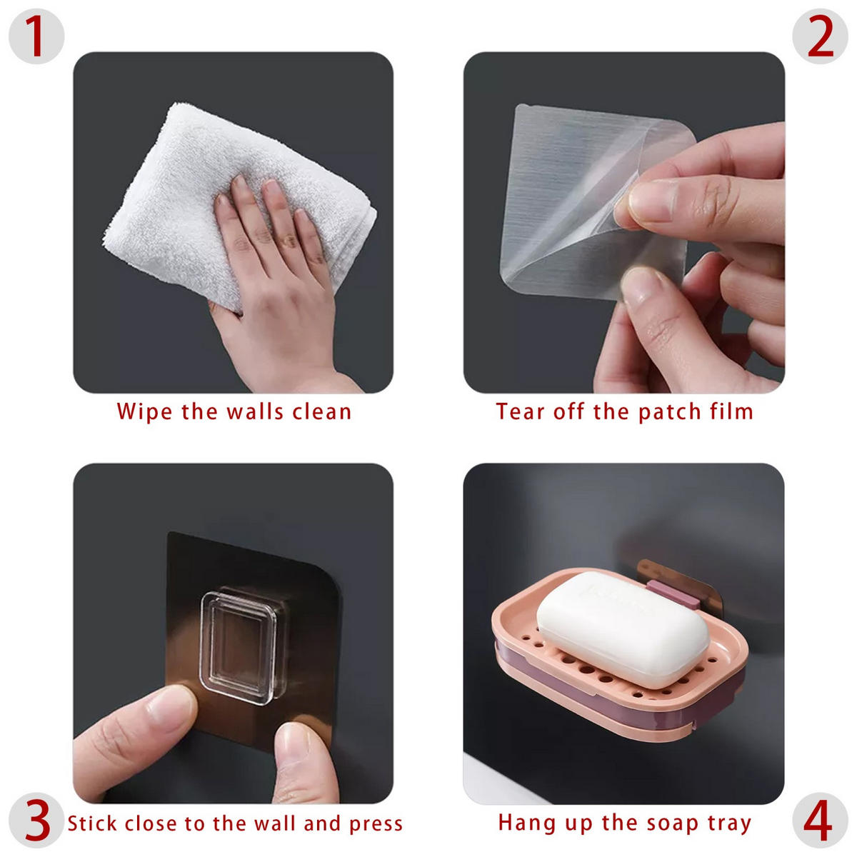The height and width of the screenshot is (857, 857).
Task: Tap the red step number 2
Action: click(x=820, y=36)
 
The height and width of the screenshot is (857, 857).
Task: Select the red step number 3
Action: click(x=37, y=819)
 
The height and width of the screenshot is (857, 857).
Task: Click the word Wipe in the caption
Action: click(x=144, y=412)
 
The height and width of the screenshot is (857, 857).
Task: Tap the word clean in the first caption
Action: click(x=321, y=411)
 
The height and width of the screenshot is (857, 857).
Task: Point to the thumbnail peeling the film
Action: click(x=650, y=201)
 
